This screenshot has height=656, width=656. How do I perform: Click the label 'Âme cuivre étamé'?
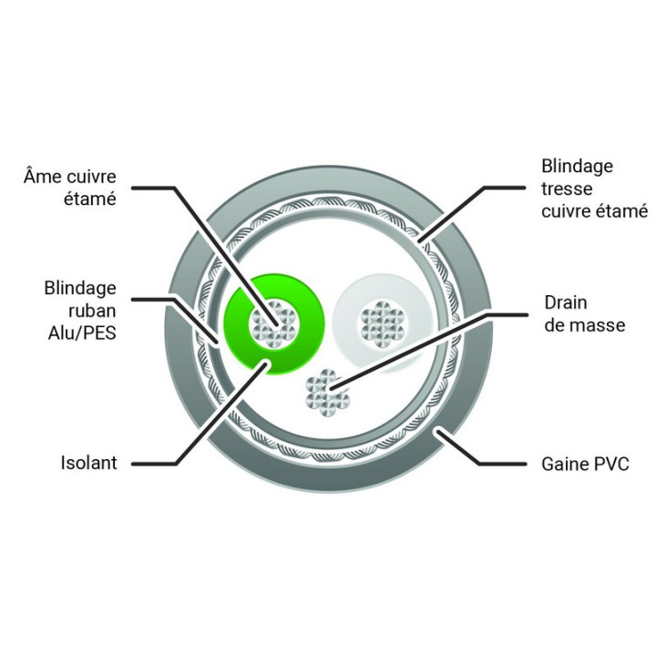pyautogui.click(x=70, y=188)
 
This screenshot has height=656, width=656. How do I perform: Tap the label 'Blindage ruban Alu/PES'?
pyautogui.click(x=80, y=311)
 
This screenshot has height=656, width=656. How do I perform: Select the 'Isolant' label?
pyautogui.click(x=88, y=463)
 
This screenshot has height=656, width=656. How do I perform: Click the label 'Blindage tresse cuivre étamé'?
pyautogui.click(x=594, y=189)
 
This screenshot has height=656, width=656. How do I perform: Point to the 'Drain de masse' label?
pyautogui.click(x=585, y=313)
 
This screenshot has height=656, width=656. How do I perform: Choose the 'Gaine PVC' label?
pyautogui.click(x=585, y=465)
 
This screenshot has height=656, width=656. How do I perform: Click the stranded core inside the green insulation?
pyautogui.click(x=274, y=323)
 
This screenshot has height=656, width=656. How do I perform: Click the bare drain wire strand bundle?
pyautogui.click(x=328, y=393)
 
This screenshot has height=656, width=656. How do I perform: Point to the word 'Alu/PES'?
pyautogui.click(x=82, y=333)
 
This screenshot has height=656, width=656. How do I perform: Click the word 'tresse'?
pyautogui.click(x=567, y=189)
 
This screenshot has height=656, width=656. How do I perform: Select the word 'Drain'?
pyautogui.click(x=566, y=302)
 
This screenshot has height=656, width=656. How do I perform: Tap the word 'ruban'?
pyautogui.click(x=92, y=311)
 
